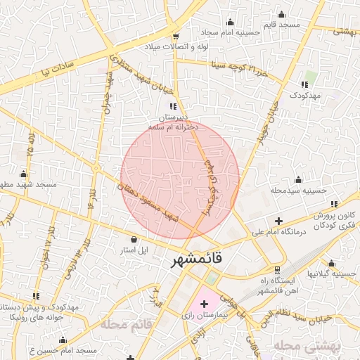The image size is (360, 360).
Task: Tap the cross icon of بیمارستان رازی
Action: pos(204,304)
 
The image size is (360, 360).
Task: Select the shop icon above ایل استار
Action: pos(134,240)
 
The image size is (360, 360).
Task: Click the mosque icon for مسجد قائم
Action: pos(282,15)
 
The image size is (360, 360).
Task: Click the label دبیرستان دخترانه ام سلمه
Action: pos(173,122)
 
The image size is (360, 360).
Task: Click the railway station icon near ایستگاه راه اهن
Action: pos(277,269)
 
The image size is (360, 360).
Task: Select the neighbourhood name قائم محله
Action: pos(127,325)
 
